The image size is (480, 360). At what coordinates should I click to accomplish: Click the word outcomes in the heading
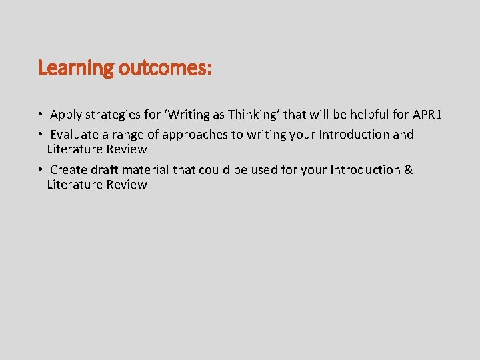click(163, 68)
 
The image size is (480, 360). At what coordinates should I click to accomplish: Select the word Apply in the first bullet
click(66, 116)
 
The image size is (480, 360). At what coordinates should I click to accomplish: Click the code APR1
click(427, 115)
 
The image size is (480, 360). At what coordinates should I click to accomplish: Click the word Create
click(69, 170)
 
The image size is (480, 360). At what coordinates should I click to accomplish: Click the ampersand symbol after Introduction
click(408, 170)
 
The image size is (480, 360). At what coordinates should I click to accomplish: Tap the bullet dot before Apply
click(41, 116)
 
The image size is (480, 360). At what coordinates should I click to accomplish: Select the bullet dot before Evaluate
click(41, 135)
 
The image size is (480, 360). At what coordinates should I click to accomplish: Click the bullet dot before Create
click(41, 170)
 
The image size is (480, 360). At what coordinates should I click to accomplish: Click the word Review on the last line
click(127, 185)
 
